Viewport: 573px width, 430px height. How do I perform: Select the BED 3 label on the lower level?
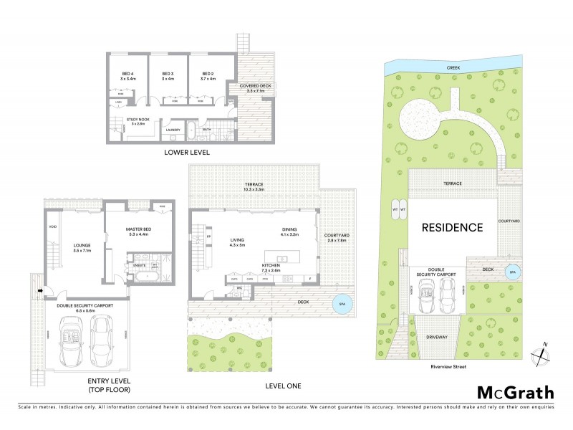[168, 74]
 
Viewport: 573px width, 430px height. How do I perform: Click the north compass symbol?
[542, 353]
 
